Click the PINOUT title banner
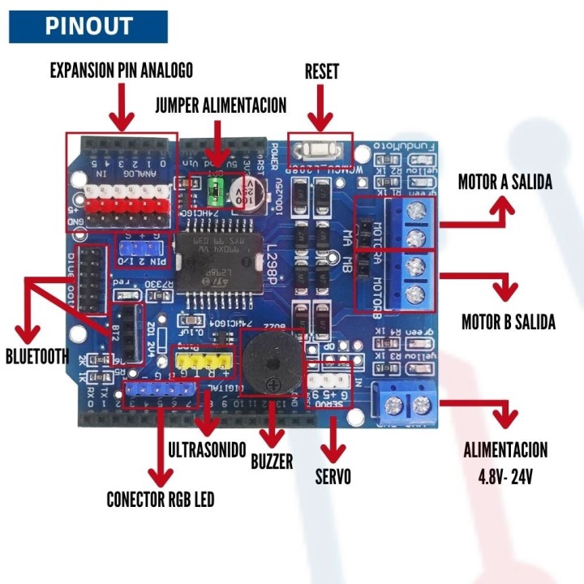pos(88,26)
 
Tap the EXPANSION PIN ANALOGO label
pos(122,71)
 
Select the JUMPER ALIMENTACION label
pos(221,105)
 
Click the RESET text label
pos(321,71)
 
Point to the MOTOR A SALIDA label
pos(505,182)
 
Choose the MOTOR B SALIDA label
pos(508,322)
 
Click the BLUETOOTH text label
pos(37,356)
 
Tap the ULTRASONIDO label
pos(207,449)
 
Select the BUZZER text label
pos(272,461)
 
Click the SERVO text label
pos(333,477)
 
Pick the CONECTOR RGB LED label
pos(161,499)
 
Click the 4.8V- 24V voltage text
pos(505,476)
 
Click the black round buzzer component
pos(273,364)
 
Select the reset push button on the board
pos(320,148)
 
